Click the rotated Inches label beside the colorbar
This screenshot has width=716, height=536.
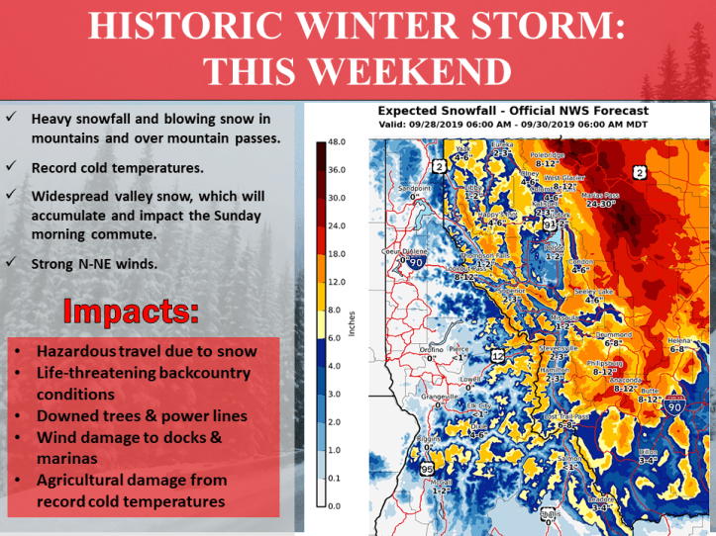pos(354,322)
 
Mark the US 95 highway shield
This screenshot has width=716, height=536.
pos(427,469)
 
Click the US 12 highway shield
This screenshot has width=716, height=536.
pos(497,354)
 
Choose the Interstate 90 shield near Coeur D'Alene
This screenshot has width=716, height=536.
pos(416,263)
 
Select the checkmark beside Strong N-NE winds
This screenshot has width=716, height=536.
pos(9,262)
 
